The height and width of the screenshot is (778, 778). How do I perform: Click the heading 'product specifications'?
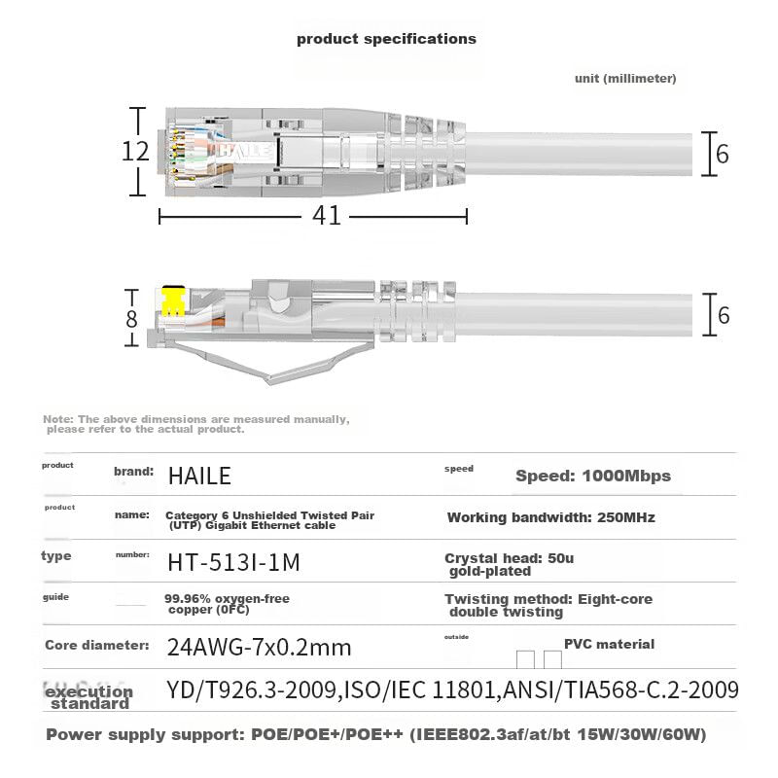click(386, 39)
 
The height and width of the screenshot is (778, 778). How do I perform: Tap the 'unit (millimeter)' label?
click(625, 79)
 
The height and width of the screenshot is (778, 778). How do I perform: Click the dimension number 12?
click(136, 152)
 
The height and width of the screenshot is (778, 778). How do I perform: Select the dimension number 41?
click(328, 215)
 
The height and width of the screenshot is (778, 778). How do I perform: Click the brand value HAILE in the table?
click(199, 476)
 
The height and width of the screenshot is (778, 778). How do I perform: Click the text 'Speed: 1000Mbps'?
click(592, 476)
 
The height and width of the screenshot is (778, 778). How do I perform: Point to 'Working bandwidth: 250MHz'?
click(550, 517)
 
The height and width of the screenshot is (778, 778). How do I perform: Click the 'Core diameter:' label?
click(96, 645)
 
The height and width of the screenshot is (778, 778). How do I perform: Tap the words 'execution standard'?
click(88, 696)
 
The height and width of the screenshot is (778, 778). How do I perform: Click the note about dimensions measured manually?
click(195, 423)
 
